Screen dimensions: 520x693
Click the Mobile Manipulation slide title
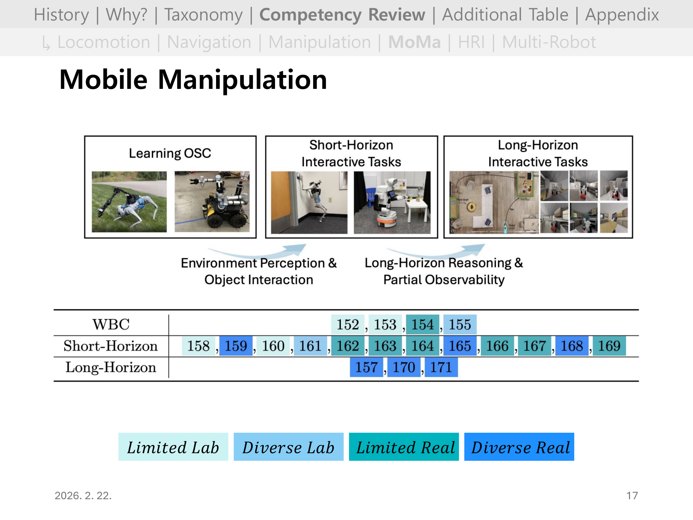pos(193,80)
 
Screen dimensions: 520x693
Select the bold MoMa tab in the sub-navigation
pos(414,42)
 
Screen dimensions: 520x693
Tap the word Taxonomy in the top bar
pos(203,15)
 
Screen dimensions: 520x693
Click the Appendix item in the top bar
pos(621,15)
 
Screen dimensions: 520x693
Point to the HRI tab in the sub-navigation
pos(471,42)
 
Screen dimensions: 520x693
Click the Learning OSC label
pos(170,153)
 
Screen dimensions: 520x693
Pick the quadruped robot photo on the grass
pos(129,202)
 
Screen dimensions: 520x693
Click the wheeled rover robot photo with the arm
pos(212,202)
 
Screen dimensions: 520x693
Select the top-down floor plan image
pos(494,202)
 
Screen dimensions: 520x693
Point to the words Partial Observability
pos(444,280)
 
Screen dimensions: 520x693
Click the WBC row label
pos(111,324)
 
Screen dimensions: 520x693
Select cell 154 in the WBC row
pos(422,325)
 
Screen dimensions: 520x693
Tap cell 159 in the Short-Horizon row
pos(236,346)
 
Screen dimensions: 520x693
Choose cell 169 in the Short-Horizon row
pos(609,346)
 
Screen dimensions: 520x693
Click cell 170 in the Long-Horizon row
pos(404,367)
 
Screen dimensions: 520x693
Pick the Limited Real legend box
pos(404,447)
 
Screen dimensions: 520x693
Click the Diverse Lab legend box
pos(288,447)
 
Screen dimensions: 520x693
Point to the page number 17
pos(632,495)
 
